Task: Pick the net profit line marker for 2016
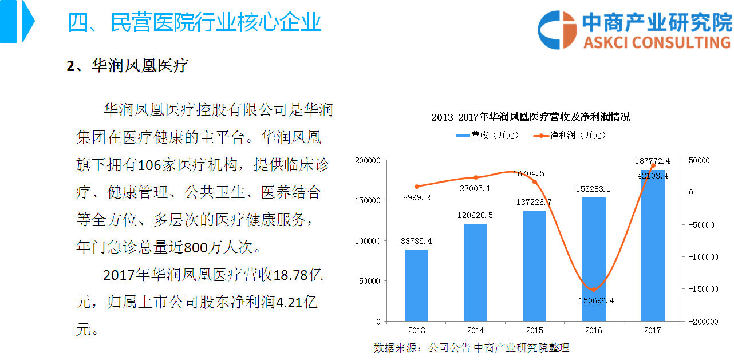[594, 289]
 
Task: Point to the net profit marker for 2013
[417, 186]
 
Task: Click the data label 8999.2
[416, 197]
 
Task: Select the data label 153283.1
[594, 189]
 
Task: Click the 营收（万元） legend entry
[487, 136]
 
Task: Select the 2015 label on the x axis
[535, 330]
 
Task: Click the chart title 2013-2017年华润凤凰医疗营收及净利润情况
[530, 117]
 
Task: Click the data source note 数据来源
[471, 347]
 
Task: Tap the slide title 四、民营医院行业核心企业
[194, 22]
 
